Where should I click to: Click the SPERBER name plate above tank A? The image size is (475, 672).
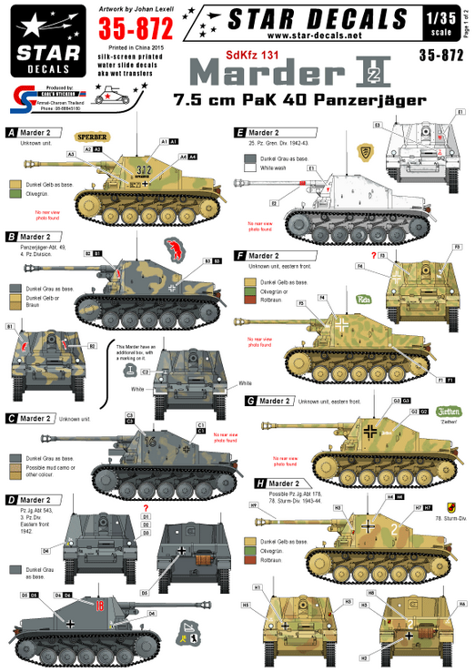[x=93, y=137]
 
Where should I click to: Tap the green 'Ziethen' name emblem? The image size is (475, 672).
[x=449, y=410]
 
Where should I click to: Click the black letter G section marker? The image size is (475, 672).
[x=239, y=401]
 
